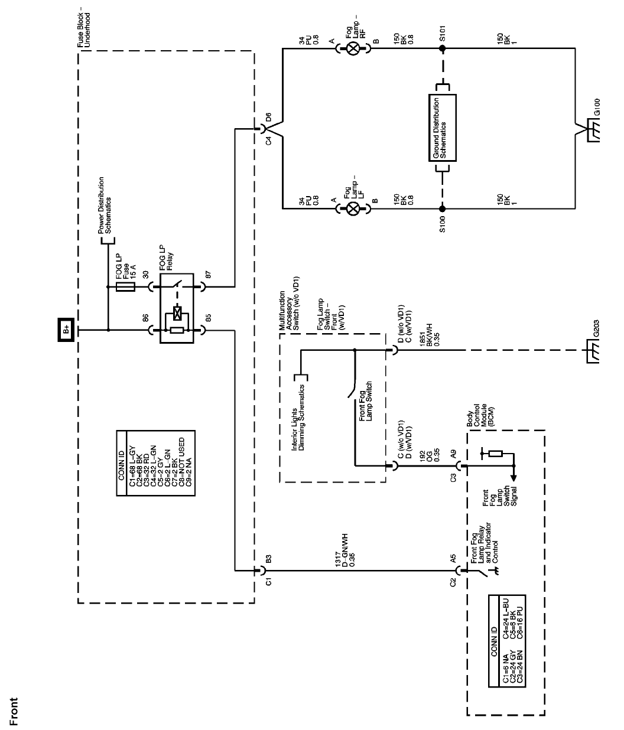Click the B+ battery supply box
(64, 329)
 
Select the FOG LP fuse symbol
(126, 288)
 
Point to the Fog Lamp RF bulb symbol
(353, 49)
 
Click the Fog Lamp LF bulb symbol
(353, 208)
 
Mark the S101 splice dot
(442, 49)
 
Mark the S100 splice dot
(442, 208)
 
